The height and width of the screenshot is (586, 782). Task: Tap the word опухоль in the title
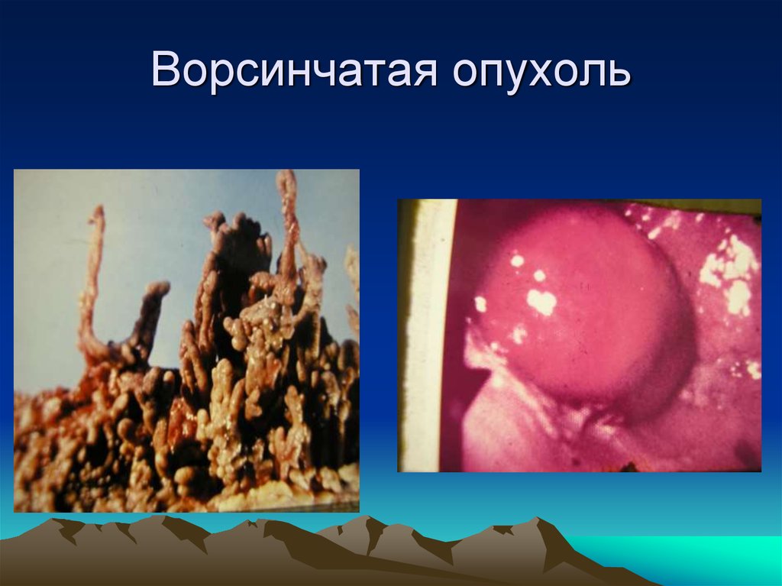[x=543, y=72]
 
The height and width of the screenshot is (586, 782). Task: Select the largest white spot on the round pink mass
[x=541, y=302]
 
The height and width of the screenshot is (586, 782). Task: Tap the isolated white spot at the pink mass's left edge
[x=480, y=304]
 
